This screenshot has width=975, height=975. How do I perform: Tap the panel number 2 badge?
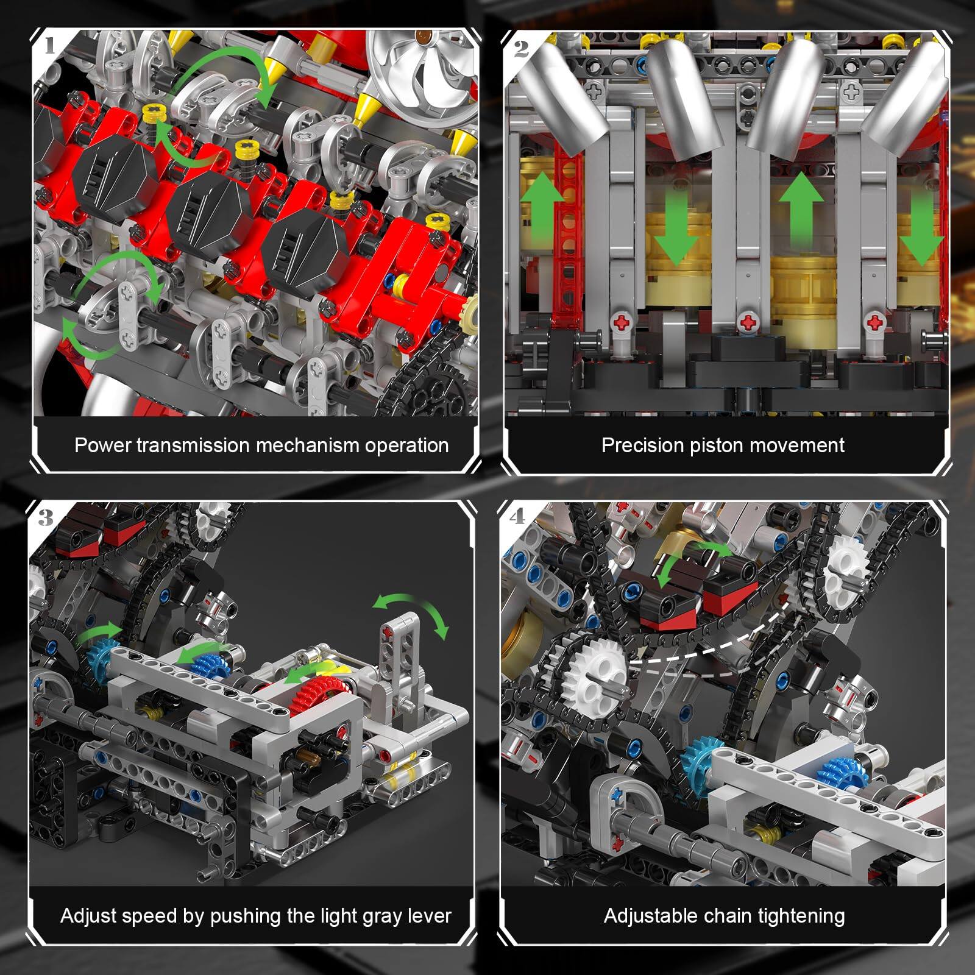click(x=521, y=48)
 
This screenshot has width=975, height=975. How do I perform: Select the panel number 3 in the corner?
click(x=46, y=518)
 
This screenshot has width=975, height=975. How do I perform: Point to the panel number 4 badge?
click(x=517, y=517)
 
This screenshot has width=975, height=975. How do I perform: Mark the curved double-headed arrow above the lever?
click(x=411, y=612)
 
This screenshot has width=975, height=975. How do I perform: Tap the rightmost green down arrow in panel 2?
click(x=921, y=229)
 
